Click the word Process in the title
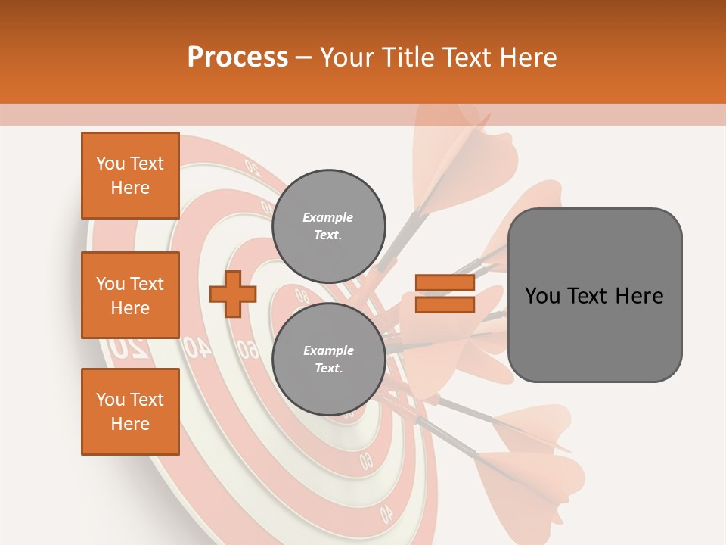click(237, 58)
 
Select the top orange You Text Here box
click(130, 176)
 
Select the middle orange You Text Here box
click(130, 295)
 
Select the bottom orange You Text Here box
click(130, 412)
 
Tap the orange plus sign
click(233, 294)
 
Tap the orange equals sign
click(445, 294)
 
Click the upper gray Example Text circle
click(328, 226)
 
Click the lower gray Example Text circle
click(328, 360)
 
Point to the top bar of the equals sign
click(445, 283)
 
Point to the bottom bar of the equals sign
click(445, 304)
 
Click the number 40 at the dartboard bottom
click(386, 512)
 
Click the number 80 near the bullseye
click(302, 296)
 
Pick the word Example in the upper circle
click(328, 218)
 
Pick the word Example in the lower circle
click(328, 351)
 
